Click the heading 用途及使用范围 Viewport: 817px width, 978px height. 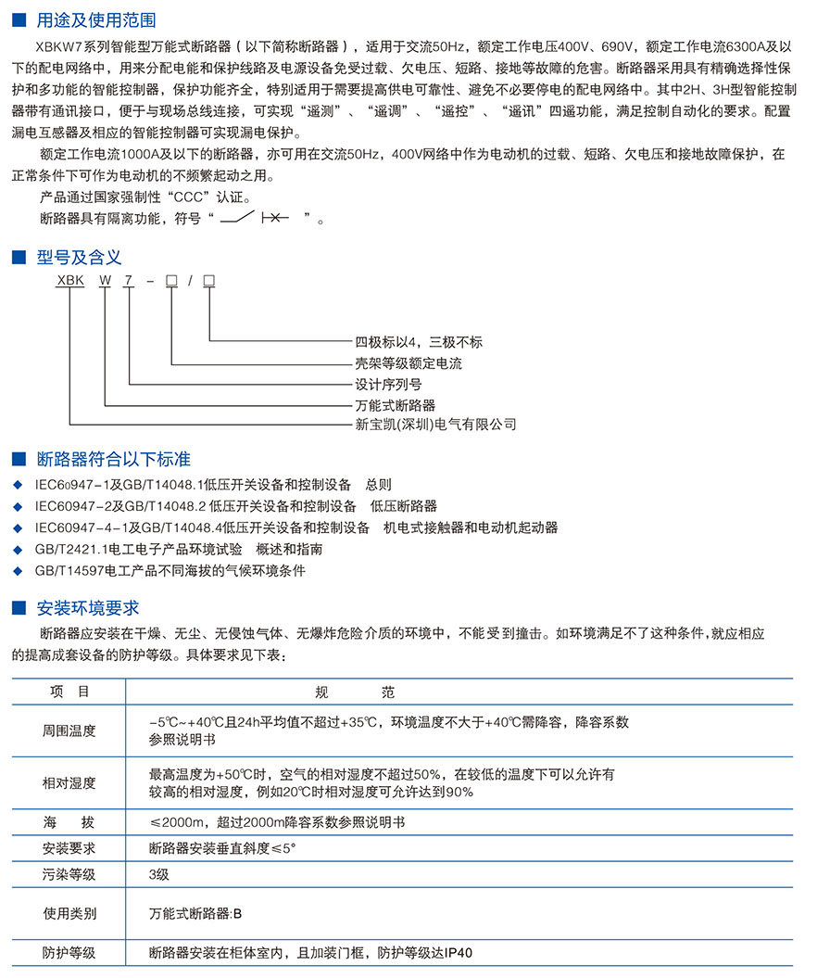[x=96, y=19]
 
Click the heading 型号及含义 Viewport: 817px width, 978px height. [x=79, y=257]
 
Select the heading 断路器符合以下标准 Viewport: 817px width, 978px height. [x=113, y=459]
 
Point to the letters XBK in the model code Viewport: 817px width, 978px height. [x=70, y=281]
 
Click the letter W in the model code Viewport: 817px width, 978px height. [x=106, y=281]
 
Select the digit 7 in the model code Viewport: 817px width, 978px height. [x=130, y=281]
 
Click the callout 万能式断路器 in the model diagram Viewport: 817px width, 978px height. [x=396, y=405]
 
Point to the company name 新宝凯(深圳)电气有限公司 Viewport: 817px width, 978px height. [x=435, y=425]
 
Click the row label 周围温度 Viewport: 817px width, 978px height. [x=69, y=730]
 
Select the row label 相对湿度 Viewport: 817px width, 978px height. [x=69, y=782]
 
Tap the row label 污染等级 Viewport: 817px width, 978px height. [x=69, y=874]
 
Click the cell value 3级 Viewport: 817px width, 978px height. [x=159, y=874]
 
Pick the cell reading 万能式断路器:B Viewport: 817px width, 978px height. [x=195, y=913]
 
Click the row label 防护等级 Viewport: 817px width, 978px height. [x=69, y=952]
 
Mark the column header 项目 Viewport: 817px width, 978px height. [x=69, y=692]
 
